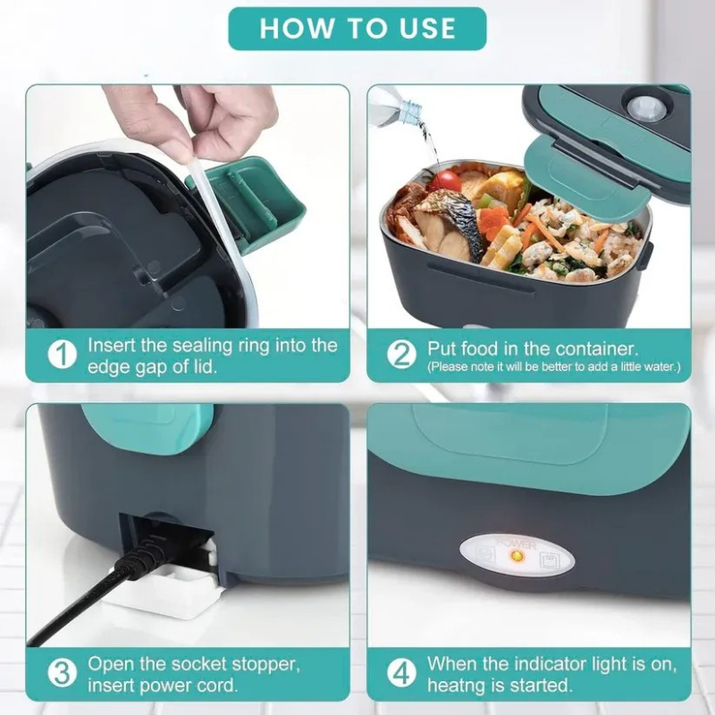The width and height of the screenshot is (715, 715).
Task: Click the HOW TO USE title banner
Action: pos(357,29)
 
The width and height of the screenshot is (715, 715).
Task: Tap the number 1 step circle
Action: pos(62,356)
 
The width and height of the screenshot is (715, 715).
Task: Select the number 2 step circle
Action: pos(401,355)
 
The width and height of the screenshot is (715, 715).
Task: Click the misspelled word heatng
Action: pos(457,686)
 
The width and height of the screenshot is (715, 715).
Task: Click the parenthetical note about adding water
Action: pos(553,366)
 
